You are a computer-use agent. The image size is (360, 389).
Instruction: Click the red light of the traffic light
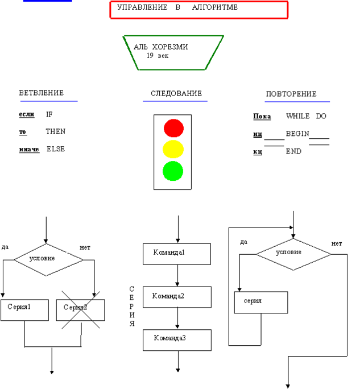coord(173,128)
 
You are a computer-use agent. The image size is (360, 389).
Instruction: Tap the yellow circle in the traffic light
coord(173,149)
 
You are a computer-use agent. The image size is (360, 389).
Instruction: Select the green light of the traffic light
coord(173,171)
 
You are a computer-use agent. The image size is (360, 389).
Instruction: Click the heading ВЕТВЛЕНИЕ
coord(42,93)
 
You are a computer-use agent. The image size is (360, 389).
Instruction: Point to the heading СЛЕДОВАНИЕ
coord(176,93)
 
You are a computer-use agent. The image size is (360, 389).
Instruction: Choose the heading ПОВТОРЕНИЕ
coord(291,94)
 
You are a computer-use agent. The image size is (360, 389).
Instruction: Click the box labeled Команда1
coord(177,254)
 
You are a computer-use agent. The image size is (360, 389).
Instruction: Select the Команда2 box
coord(177,297)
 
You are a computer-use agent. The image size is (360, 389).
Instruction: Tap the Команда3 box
coord(177,340)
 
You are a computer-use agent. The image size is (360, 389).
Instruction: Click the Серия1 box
coord(25,310)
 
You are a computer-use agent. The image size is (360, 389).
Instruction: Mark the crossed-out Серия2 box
coord(81,310)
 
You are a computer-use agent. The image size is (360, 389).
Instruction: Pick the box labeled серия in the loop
coord(261,303)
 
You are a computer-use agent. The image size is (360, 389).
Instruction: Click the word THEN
coord(56,131)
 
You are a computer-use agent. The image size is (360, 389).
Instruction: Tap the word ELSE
coord(56,149)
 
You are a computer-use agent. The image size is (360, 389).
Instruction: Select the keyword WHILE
coord(298,116)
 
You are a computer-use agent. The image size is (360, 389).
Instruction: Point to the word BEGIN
coord(297,134)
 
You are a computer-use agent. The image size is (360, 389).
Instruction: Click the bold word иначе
coord(29,149)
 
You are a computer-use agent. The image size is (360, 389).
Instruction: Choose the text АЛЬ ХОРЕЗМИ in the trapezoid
coord(161,47)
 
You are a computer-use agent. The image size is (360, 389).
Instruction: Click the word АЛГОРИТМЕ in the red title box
coord(215,7)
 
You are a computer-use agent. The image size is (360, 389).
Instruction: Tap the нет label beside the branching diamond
coord(85,247)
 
